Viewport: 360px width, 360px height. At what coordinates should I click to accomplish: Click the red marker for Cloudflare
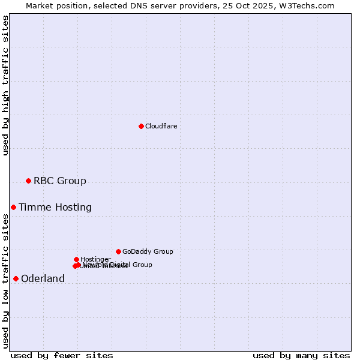pyautogui.click(x=141, y=126)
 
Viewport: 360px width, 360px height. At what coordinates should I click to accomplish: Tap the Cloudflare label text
pyautogui.click(x=161, y=126)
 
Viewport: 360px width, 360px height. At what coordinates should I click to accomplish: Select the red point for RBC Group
pyautogui.click(x=28, y=181)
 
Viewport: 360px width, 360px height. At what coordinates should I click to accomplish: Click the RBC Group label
pyautogui.click(x=59, y=181)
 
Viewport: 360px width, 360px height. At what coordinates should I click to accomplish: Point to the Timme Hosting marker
pyautogui.click(x=13, y=207)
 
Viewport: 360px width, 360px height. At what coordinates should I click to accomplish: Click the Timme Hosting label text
pyautogui.click(x=55, y=208)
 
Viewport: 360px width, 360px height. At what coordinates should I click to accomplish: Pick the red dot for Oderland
pyautogui.click(x=16, y=278)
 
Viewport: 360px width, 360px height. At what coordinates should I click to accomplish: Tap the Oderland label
pyautogui.click(x=43, y=278)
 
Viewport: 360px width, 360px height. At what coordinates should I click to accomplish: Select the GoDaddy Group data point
pyautogui.click(x=118, y=251)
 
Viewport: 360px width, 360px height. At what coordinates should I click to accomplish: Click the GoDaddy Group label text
pyautogui.click(x=148, y=251)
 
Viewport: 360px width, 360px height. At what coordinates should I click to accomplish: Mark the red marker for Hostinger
pyautogui.click(x=76, y=259)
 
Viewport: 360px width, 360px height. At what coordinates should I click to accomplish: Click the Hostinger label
pyautogui.click(x=95, y=259)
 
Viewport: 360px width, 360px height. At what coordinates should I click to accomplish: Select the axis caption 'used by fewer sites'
pyautogui.click(x=62, y=355)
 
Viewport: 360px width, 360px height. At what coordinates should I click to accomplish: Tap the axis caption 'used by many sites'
pyautogui.click(x=301, y=355)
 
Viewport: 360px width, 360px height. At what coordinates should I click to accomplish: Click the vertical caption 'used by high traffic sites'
pyautogui.click(x=5, y=85)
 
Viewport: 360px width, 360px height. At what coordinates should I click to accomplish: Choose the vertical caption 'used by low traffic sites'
pyautogui.click(x=5, y=281)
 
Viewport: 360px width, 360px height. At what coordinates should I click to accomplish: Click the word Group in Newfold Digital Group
pyautogui.click(x=142, y=265)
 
